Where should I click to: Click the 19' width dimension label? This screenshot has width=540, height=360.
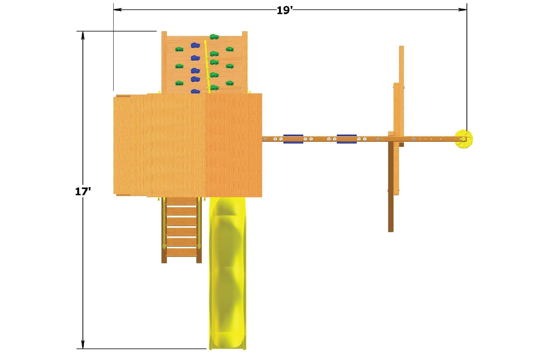(x=285, y=10)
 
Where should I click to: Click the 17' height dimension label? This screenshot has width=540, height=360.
(x=83, y=192)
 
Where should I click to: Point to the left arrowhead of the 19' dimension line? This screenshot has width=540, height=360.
(x=117, y=10)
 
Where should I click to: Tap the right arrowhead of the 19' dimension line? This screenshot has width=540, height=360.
(x=463, y=10)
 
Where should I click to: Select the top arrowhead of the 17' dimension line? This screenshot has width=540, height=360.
(x=83, y=35)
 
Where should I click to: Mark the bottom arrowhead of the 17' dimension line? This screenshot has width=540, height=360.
(x=83, y=345)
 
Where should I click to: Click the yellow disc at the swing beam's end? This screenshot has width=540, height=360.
(x=464, y=139)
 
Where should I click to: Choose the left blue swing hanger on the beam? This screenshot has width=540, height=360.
(x=293, y=139)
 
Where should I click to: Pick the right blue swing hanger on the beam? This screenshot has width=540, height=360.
(x=346, y=139)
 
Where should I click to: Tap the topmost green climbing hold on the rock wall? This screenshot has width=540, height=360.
(x=214, y=37)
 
